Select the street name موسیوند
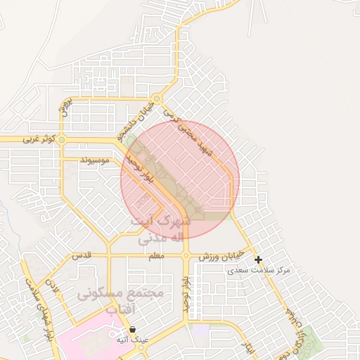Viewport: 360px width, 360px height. click(96, 160)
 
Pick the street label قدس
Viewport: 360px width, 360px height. click(83, 256)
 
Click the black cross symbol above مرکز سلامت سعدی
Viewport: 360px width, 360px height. click(259, 259)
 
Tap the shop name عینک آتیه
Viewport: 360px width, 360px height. click(132, 340)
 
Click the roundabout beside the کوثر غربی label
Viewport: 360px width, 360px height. click(62, 140)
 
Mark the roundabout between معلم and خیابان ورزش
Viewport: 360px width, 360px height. click(186, 256)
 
